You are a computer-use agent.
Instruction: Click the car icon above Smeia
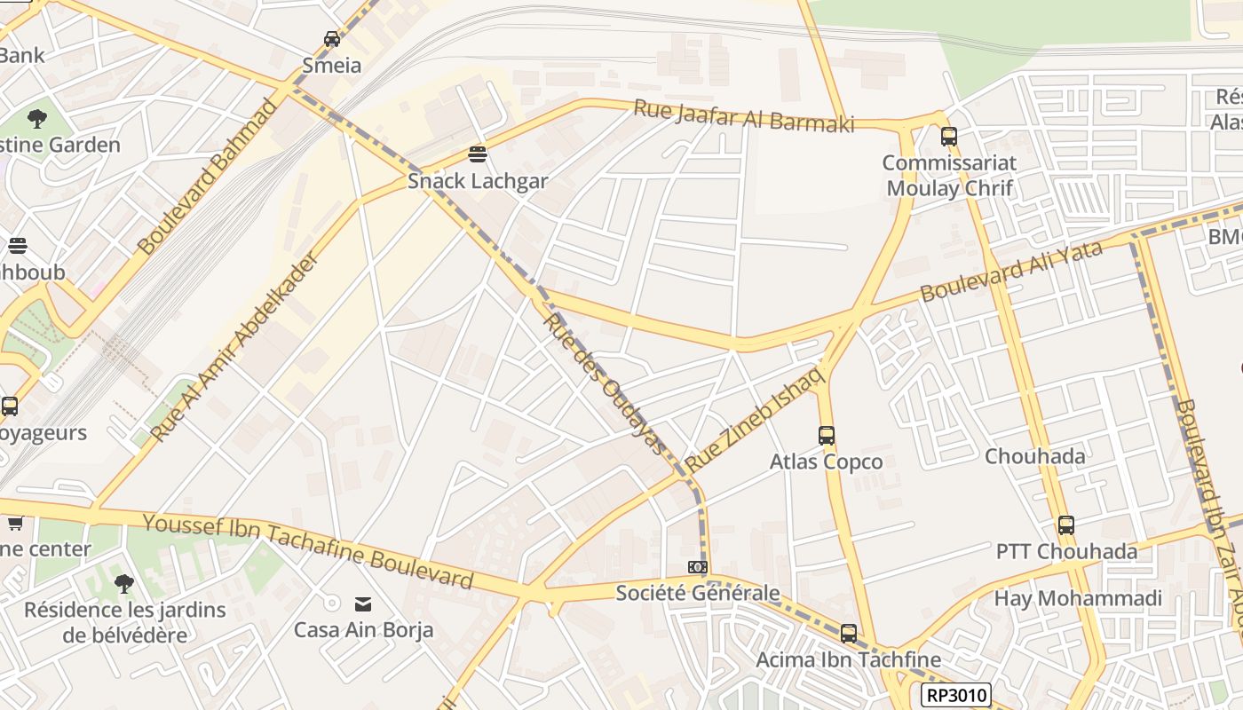coord(332,38)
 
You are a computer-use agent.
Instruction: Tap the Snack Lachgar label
coord(478,181)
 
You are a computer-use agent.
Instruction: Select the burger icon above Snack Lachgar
coord(478,154)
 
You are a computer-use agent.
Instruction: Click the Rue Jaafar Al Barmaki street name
coord(743,116)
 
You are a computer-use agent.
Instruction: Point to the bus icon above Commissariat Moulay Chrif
coord(949,137)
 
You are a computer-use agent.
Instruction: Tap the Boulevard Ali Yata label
coord(1011,272)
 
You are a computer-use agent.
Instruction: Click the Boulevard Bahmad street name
coord(210,177)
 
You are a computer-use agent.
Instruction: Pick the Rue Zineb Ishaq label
coord(756,419)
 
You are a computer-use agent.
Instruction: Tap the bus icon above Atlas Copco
coord(827,436)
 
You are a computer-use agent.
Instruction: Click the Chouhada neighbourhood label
coord(1034,457)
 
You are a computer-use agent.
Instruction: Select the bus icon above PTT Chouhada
coord(1066,525)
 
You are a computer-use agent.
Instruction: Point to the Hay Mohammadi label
coord(1077,599)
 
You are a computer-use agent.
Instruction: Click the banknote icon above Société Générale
coord(698,567)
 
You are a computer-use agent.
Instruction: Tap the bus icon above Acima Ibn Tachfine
coord(849,634)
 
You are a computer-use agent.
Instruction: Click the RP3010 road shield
coord(955,695)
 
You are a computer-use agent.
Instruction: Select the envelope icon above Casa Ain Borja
coord(363,604)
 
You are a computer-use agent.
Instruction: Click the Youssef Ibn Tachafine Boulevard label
coord(308,551)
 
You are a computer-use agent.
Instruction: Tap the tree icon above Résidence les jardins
coord(124,584)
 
